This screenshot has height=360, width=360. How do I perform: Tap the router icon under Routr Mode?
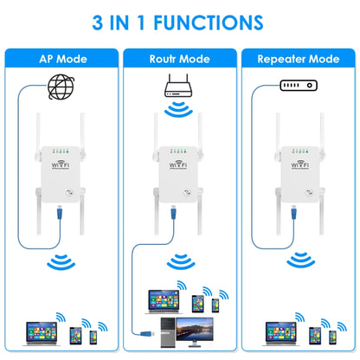tap(180, 86)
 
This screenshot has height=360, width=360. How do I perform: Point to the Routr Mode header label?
tap(179, 60)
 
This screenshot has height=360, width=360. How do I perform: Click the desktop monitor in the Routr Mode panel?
tap(196, 327)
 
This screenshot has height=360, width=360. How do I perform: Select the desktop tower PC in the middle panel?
tap(165, 331)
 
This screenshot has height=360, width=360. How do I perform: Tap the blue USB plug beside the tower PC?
tap(146, 330)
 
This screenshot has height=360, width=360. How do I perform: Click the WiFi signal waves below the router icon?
tap(180, 110)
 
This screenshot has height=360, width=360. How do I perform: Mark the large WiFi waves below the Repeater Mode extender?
tap(299, 260)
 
